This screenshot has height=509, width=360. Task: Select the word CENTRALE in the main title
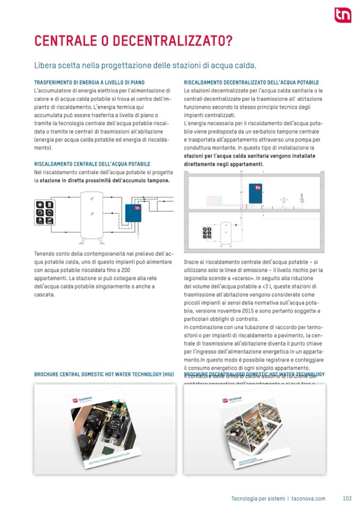pos(65,41)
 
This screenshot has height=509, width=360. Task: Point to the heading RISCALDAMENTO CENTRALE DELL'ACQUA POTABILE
pos(92,165)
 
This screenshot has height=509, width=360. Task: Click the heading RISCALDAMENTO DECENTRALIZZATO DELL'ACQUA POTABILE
pos(251,83)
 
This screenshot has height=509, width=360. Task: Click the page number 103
pos(347,498)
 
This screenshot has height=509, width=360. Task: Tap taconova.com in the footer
pos(308,498)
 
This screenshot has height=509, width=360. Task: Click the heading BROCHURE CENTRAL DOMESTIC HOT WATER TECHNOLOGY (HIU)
pos(104,375)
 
